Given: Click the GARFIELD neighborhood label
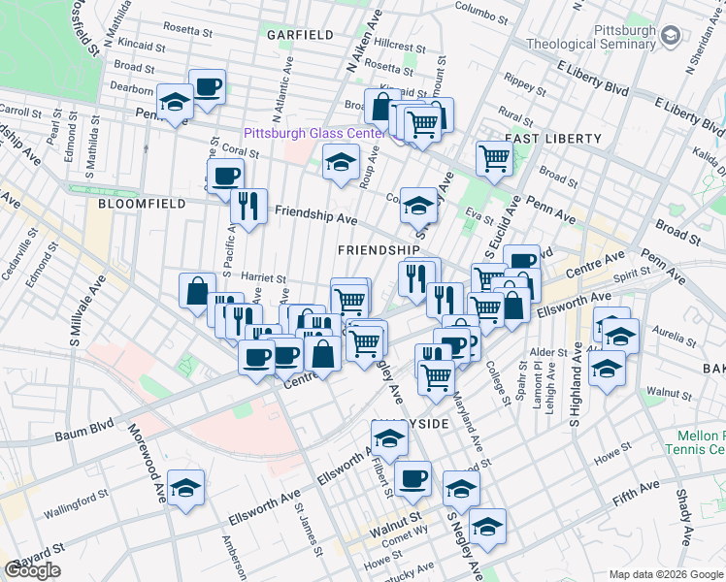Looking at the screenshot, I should tap(301, 35).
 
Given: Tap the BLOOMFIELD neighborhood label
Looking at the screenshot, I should tap(134, 205).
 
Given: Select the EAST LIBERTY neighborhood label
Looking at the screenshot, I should tap(552, 139).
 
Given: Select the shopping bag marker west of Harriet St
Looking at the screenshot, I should tap(197, 290).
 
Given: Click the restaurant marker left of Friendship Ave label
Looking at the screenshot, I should tap(248, 205).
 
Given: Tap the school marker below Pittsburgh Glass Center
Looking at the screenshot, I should tap(341, 161).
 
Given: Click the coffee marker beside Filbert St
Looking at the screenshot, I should tap(412, 477).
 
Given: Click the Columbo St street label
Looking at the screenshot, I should tap(482, 7).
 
